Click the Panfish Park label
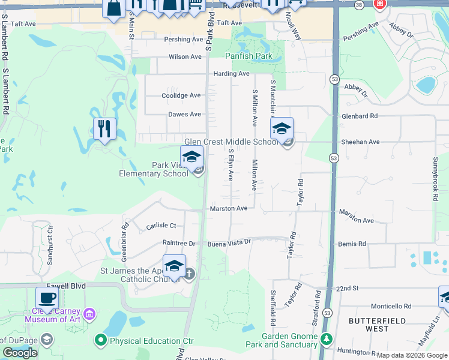249,56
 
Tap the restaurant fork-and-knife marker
104,128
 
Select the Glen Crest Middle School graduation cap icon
282,128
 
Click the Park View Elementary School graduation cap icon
192,157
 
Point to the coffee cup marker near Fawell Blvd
47,298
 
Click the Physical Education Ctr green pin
100,341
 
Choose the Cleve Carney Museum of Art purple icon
89,313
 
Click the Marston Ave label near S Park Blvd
229,208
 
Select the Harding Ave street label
232,74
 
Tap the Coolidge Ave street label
181,95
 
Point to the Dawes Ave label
184,114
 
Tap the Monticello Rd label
391,305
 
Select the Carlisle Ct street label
161,226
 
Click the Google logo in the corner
20,353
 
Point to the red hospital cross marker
379,4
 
